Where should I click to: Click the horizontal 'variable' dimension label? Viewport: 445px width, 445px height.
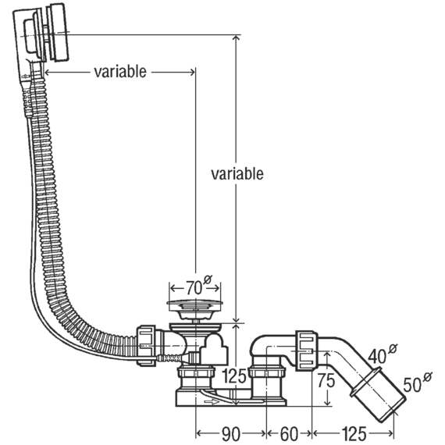(120, 72)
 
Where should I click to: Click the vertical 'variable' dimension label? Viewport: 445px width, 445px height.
(237, 173)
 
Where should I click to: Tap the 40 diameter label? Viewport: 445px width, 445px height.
(383, 354)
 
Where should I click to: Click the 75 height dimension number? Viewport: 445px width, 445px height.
(326, 380)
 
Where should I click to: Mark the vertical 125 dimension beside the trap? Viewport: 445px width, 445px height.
(234, 376)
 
